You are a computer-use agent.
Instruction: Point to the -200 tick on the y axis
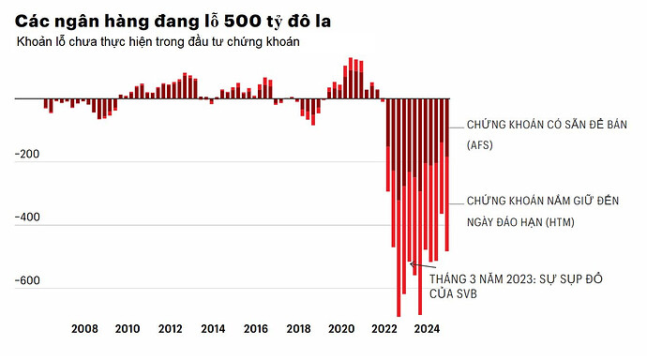pos(28,154)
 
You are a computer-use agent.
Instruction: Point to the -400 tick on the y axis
pos(28,217)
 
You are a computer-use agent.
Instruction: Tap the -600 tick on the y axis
pos(28,281)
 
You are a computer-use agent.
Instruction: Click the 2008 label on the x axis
pos(84,329)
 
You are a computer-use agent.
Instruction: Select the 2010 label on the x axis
pos(128,329)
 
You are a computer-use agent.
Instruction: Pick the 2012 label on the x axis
pos(170,329)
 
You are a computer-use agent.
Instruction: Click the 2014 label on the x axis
pos(213,329)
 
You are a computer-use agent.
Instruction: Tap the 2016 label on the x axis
pos(256,329)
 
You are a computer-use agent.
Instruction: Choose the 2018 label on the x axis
pos(298,329)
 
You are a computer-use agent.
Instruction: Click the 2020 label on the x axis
pos(341,329)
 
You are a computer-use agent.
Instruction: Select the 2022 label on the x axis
pos(384,329)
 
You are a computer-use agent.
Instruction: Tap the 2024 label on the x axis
pos(427,329)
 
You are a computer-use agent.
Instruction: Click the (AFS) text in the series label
pos(479,145)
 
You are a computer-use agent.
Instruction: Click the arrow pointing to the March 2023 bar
pos(416,266)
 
